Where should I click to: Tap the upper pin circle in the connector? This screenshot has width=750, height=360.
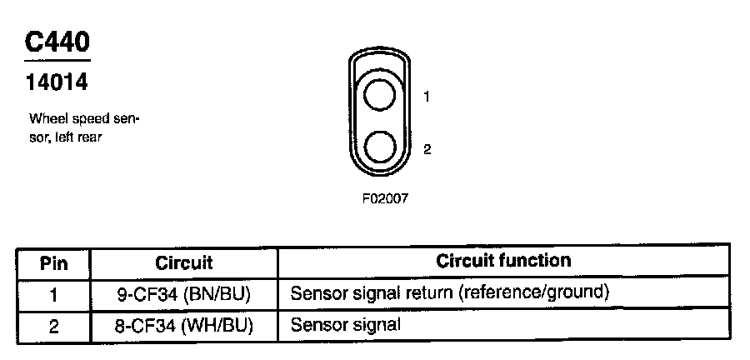380,95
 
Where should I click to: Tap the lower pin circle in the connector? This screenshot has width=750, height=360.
380,147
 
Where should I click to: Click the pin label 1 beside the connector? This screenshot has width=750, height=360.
427,97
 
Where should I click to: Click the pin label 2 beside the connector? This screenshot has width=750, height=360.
427,150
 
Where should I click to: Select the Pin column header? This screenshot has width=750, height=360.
54,263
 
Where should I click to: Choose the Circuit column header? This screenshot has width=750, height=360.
184,263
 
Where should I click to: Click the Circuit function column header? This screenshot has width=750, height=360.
503,261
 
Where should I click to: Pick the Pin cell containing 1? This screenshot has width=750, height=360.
54,294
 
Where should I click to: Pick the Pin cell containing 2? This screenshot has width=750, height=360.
54,325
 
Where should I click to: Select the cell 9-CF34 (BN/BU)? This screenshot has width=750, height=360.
184,294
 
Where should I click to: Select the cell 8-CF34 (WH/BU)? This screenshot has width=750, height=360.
184,325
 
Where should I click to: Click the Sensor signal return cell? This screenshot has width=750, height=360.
451,293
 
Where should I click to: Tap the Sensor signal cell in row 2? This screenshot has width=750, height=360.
345,324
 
